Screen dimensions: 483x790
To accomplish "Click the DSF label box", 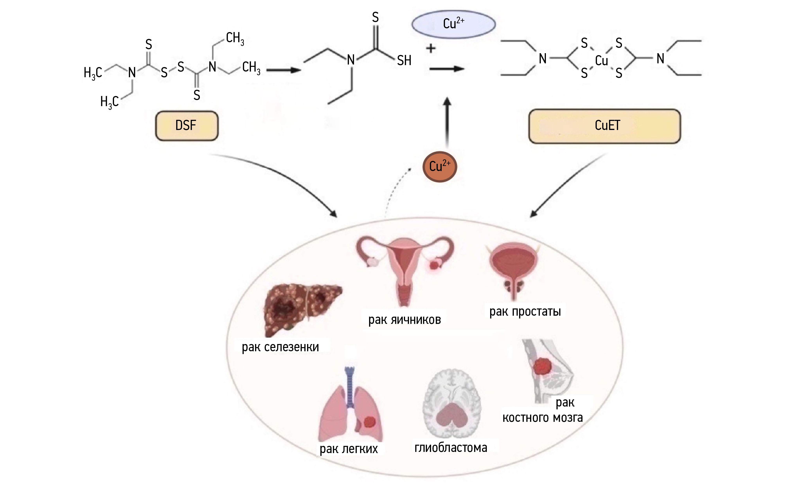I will point(187,126).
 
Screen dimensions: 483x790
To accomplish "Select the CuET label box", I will point(604,126).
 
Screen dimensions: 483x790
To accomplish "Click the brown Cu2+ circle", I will point(439,167).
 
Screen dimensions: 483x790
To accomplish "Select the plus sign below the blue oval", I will point(431,49).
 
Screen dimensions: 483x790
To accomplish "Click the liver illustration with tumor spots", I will point(301,308).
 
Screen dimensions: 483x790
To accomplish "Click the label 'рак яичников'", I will point(405,320).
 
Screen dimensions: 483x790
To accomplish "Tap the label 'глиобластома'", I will point(451,447).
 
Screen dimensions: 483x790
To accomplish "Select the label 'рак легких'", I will point(349,449).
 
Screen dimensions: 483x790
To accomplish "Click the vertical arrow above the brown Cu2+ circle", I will point(447,122).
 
